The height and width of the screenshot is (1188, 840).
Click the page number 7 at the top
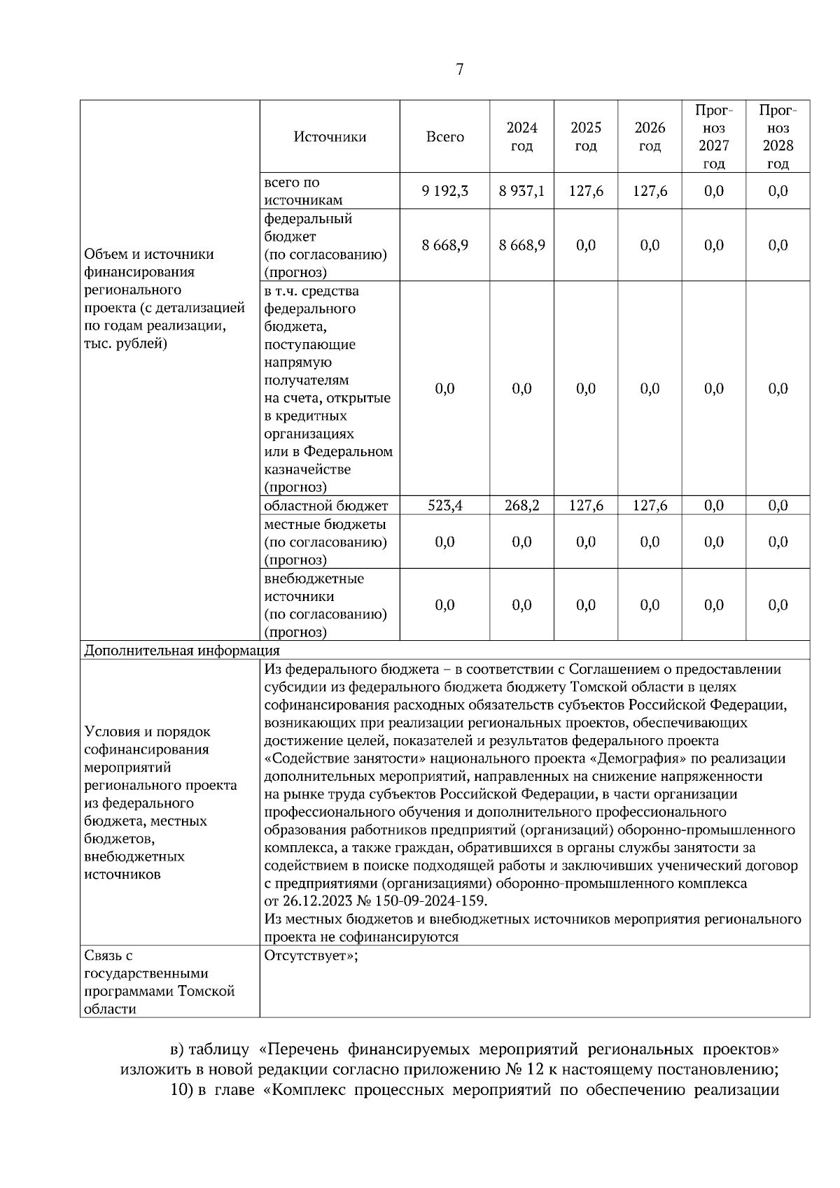(459, 69)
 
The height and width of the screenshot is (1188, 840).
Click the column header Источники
(330, 137)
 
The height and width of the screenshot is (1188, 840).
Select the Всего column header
(444, 137)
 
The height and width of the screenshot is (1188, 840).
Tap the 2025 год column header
(585, 137)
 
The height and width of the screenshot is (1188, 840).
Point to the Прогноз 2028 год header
(778, 137)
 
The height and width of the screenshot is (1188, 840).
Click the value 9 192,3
(444, 191)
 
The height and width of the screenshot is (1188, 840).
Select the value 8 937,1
(521, 191)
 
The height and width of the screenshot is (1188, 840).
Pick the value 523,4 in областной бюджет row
(444, 506)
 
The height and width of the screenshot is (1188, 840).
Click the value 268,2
(521, 506)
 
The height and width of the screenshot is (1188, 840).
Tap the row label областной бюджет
(325, 506)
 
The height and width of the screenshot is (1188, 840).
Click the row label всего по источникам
(303, 191)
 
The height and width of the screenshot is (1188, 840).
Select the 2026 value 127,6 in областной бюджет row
(650, 506)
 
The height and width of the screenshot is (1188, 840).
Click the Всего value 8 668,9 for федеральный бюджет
(444, 246)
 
